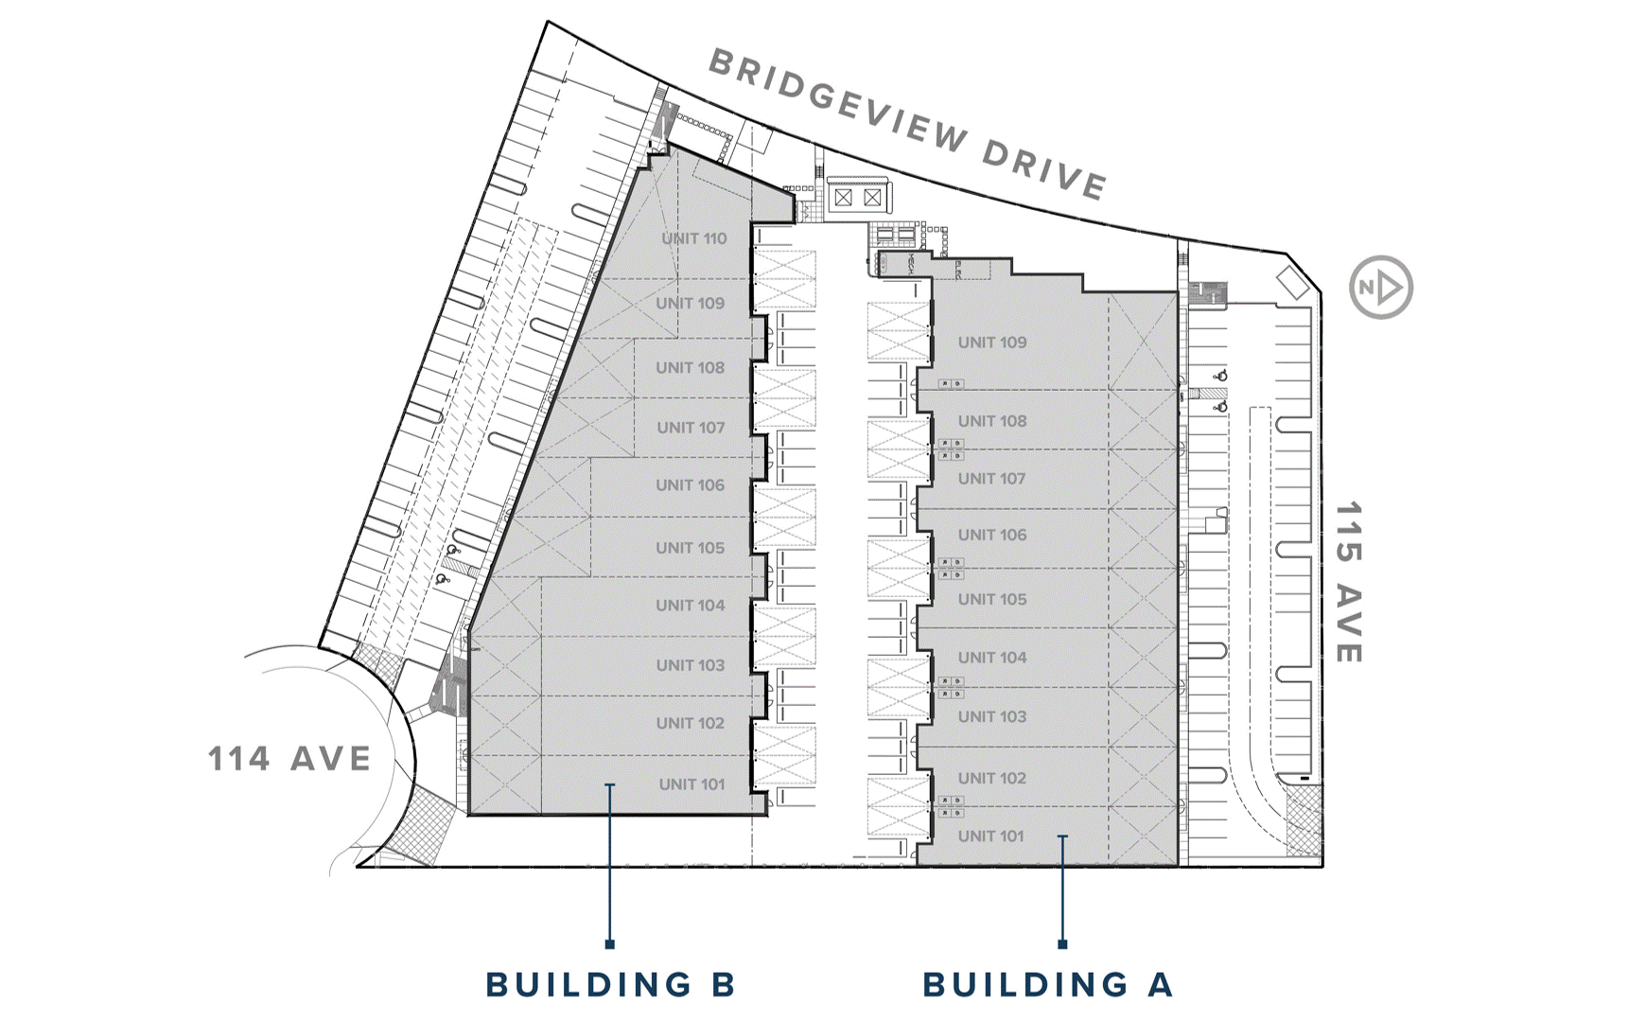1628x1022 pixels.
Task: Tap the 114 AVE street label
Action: (289, 759)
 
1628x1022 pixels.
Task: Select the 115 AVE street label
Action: (1349, 582)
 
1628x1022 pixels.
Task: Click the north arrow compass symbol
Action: (1381, 287)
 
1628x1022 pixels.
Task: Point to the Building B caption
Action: (610, 984)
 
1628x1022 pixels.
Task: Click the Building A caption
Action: (1048, 984)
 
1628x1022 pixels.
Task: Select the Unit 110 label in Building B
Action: (694, 238)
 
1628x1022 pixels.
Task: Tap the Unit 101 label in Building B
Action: (691, 784)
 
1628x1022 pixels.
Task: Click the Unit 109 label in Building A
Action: (991, 343)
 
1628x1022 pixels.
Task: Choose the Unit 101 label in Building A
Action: (990, 837)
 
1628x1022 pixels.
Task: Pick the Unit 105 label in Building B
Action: (691, 548)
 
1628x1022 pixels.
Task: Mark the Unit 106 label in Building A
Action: (991, 535)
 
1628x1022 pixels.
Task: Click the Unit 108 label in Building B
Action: (691, 367)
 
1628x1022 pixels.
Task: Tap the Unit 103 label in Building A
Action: (991, 716)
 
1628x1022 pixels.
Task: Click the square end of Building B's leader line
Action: (610, 943)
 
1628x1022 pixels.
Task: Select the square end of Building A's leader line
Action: (1062, 943)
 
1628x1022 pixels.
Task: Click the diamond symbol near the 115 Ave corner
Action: (1292, 282)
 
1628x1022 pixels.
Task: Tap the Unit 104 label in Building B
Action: (691, 606)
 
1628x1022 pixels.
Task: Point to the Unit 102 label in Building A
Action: (991, 778)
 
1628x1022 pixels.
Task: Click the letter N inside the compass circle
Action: (1367, 288)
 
